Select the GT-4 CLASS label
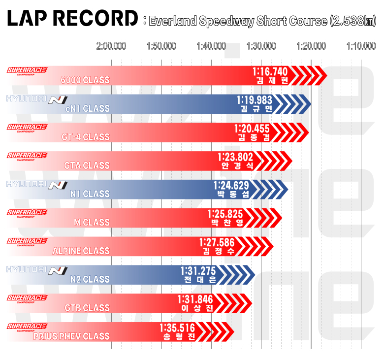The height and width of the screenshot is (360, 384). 87,137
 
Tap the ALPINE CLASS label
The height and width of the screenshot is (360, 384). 81,251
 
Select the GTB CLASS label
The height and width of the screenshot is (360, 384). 87,308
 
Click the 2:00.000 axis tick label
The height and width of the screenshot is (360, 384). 111,47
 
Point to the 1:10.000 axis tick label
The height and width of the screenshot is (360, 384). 361,47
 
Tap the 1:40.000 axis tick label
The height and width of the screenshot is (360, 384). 211,47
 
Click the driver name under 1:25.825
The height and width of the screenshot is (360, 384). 226,223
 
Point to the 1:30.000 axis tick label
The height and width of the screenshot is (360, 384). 261,47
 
